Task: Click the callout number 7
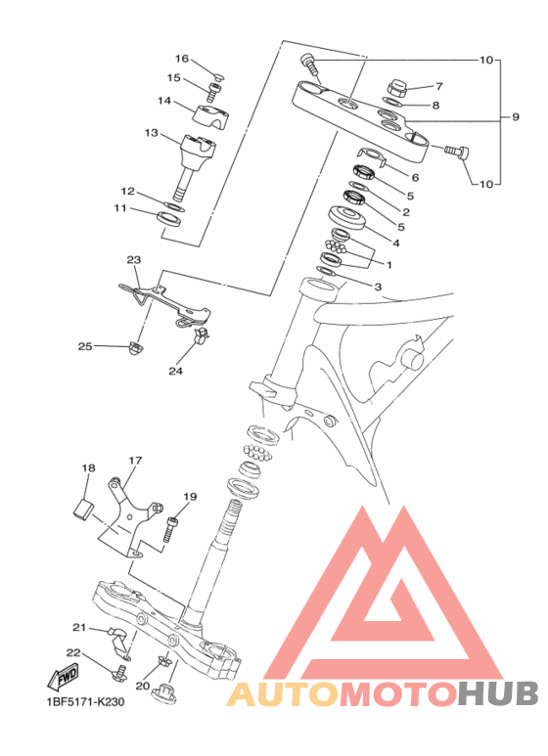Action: pyautogui.click(x=438, y=86)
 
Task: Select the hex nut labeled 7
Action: pyautogui.click(x=397, y=88)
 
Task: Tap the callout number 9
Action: pyautogui.click(x=515, y=116)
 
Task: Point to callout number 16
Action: pyautogui.click(x=182, y=59)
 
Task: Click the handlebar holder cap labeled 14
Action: pyautogui.click(x=210, y=114)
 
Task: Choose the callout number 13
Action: pyautogui.click(x=152, y=132)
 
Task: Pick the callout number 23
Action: pyautogui.click(x=134, y=260)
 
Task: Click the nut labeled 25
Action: pyautogui.click(x=134, y=347)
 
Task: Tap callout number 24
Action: pyautogui.click(x=175, y=371)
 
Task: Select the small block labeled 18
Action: pyautogui.click(x=82, y=511)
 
